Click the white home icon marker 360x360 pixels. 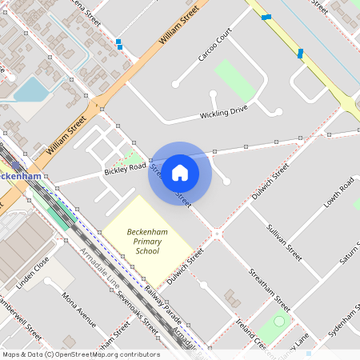click(x=180, y=172)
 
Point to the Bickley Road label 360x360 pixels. click(x=124, y=169)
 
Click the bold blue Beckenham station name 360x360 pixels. click(x=21, y=175)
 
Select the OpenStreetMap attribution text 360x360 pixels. click(x=81, y=354)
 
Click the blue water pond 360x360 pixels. click(x=32, y=89)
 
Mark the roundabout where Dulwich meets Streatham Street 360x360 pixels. click(x=216, y=234)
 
